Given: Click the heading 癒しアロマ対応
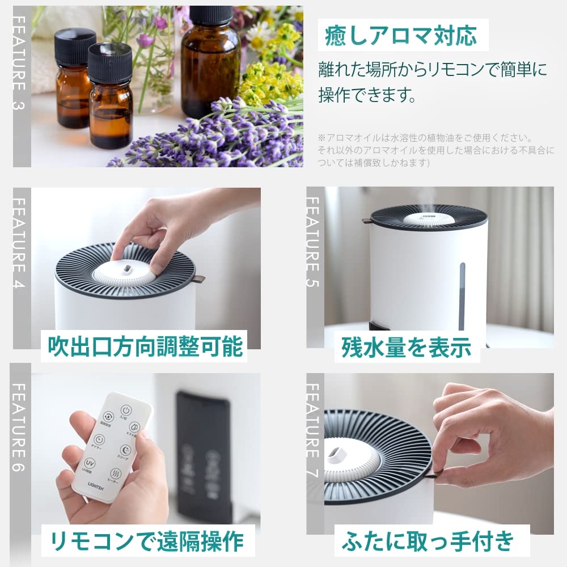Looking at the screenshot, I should (x=400, y=35).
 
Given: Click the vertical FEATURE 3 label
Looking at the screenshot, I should (x=21, y=62).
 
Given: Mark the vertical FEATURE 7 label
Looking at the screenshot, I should (x=314, y=431).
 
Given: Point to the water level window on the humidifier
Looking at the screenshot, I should (x=462, y=295).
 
